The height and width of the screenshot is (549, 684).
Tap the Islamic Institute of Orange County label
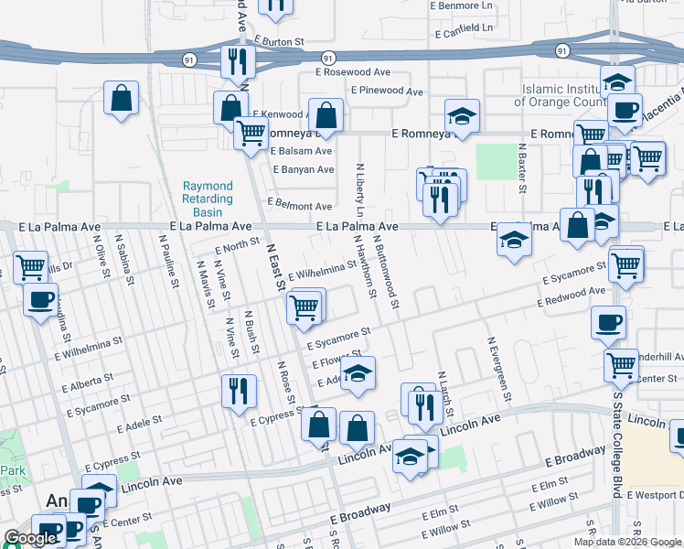coord(563,95)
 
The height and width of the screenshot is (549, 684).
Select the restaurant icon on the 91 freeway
coord(237,62)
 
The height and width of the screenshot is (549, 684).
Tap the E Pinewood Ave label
coord(387,91)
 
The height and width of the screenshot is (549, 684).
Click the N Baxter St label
coord(523,167)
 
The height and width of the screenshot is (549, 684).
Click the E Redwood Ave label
coord(572,296)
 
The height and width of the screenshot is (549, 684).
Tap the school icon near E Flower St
coord(358,374)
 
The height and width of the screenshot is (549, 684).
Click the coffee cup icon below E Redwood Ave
coord(609,323)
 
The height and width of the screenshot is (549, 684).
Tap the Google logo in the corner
coord(30,538)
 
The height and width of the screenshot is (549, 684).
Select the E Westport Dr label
coord(655,495)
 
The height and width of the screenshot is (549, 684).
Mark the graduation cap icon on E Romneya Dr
coord(463,116)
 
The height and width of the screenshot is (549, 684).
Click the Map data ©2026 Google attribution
coord(627,542)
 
